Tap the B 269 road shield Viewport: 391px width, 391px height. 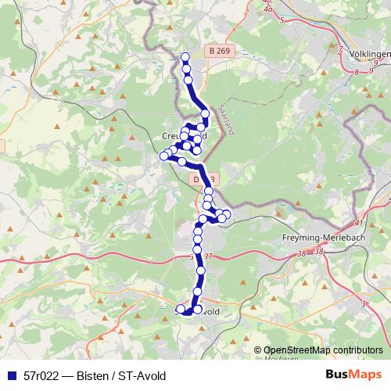pyautogui.click(x=221, y=50)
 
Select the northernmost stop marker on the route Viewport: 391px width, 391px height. pyautogui.click(x=185, y=56)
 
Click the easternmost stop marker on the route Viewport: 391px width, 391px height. pyautogui.click(x=227, y=214)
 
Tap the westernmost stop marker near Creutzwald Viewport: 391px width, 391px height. pyautogui.click(x=164, y=156)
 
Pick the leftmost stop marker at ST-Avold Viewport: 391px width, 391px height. pyautogui.click(x=181, y=310)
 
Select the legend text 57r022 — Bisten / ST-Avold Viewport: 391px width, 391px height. pyautogui.click(x=95, y=377)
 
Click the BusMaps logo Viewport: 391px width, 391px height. pyautogui.click(x=352, y=376)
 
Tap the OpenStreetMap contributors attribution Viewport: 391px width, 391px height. pyautogui.click(x=323, y=350)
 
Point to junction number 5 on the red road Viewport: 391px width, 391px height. pyautogui.click(x=282, y=19)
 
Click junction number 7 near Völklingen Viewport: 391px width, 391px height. pyautogui.click(x=340, y=49)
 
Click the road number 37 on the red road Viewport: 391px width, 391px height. pyautogui.click(x=207, y=256)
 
